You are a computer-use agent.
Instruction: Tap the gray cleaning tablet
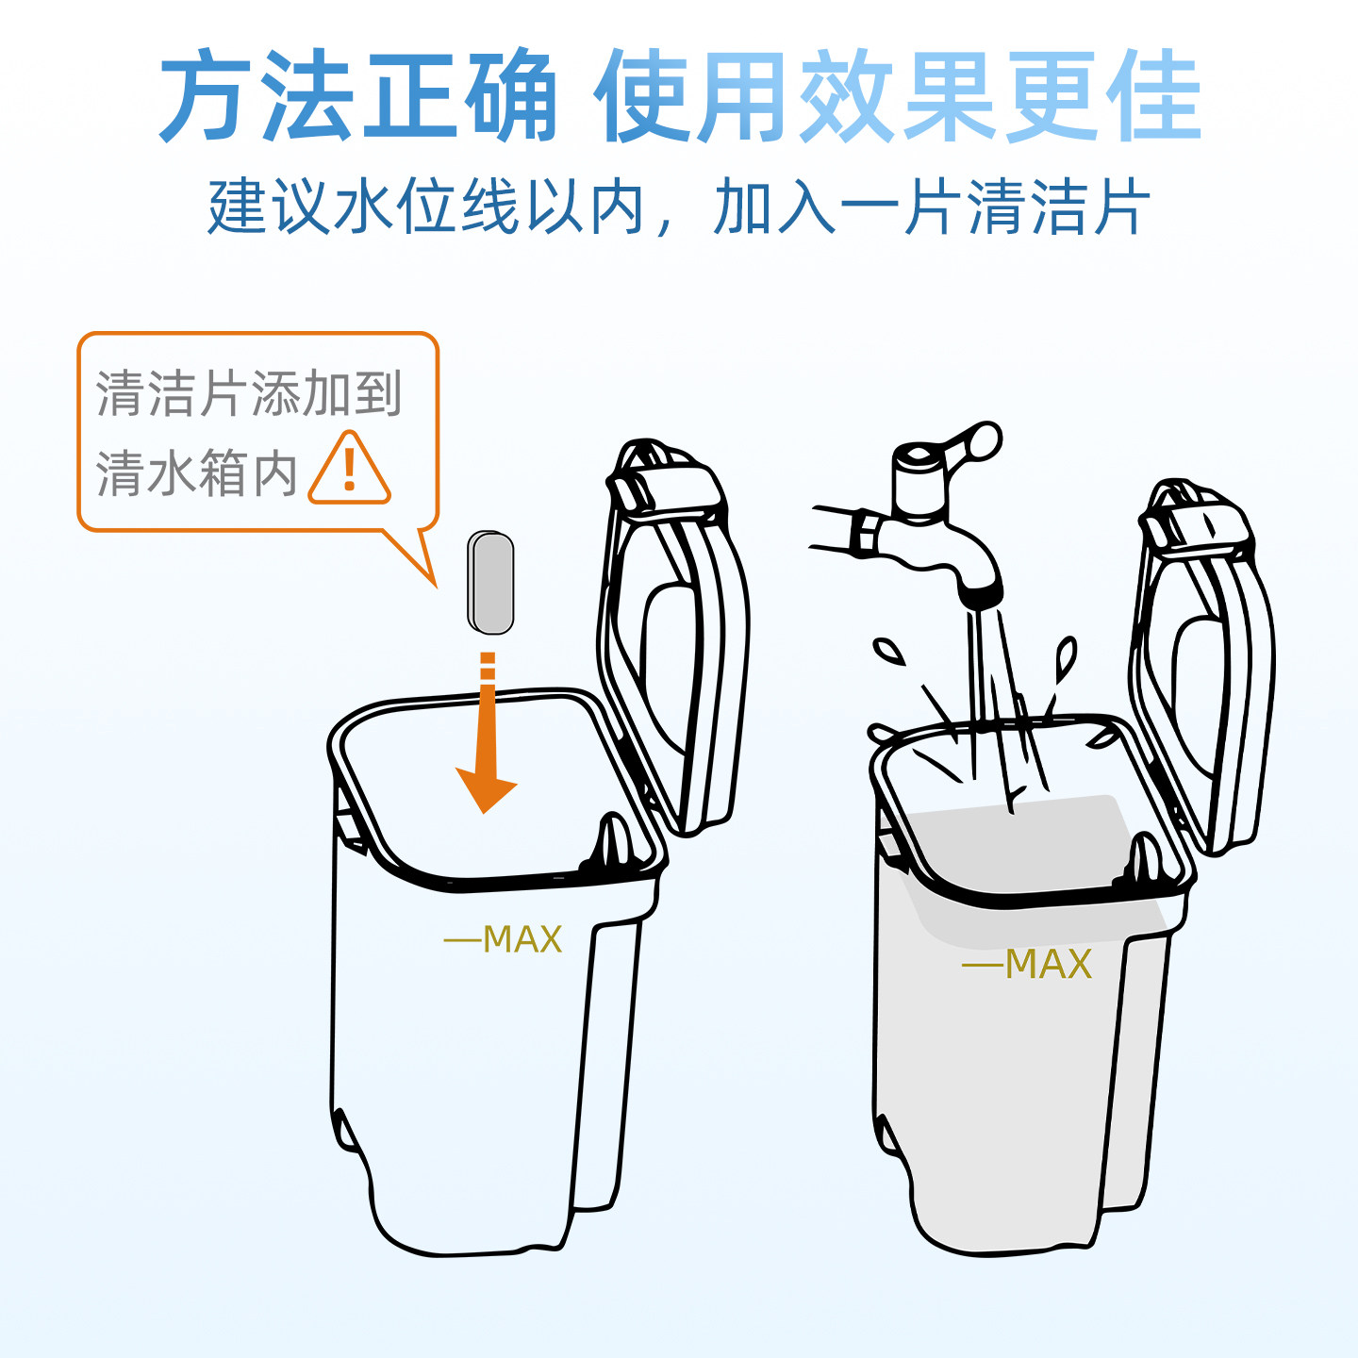click(x=490, y=583)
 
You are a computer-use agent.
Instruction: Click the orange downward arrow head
click(x=487, y=788)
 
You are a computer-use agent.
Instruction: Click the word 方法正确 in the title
click(x=357, y=97)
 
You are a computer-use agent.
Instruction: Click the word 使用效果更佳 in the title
click(x=897, y=97)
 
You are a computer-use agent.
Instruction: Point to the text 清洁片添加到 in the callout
click(x=249, y=393)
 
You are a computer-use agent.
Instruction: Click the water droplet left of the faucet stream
click(x=887, y=651)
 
